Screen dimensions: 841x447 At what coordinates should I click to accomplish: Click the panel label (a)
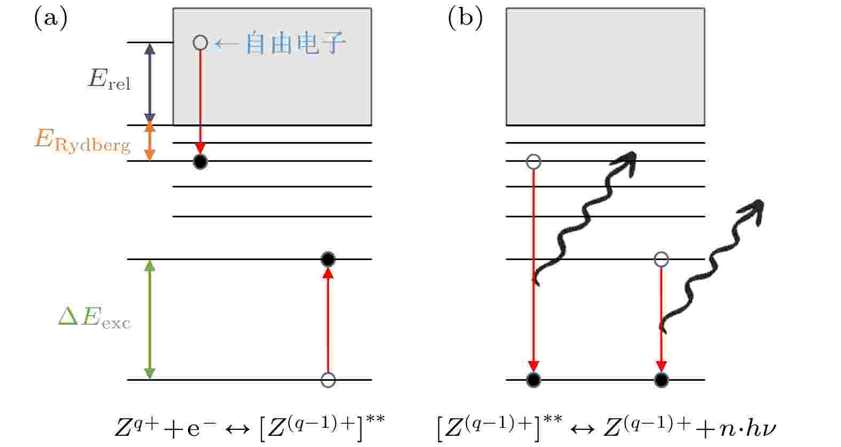51,18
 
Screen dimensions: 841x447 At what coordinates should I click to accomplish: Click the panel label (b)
465,18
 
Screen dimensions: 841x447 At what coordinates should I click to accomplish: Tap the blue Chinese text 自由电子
295,43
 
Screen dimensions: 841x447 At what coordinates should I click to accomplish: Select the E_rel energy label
109,79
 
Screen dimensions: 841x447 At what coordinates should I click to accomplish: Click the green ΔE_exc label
95,317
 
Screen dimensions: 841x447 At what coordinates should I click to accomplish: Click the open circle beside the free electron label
200,43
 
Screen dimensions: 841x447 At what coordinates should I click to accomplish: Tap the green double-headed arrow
150,319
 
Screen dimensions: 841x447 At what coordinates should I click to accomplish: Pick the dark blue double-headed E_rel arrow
150,84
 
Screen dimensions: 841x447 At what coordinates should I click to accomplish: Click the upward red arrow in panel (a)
328,321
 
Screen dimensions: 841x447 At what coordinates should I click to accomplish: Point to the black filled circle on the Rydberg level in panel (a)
200,162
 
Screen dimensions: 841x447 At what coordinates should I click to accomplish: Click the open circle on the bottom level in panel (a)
328,380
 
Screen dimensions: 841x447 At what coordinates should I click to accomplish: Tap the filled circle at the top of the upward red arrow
328,259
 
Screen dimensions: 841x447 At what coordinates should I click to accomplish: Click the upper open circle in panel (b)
533,162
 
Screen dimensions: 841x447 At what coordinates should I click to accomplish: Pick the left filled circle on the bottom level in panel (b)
533,380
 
